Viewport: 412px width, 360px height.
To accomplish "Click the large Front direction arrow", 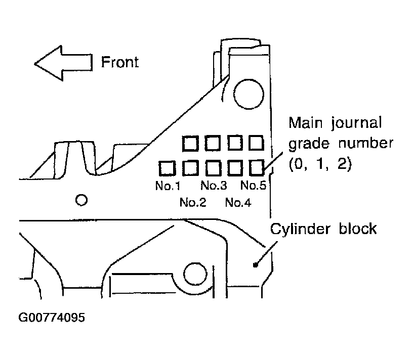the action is click(63, 63).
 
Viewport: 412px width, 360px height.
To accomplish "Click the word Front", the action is click(120, 62).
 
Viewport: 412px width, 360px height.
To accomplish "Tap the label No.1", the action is click(168, 186).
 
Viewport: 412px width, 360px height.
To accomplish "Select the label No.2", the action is click(193, 202).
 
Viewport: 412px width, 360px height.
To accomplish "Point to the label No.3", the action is click(214, 185).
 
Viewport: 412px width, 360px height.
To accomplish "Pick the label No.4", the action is click(238, 203).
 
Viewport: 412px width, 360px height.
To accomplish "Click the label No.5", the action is click(253, 185).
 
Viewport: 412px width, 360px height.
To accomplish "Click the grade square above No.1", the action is click(167, 168).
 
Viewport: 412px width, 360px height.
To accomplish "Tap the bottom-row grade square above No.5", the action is click(256, 168).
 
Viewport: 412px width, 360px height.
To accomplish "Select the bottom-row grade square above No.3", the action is click(213, 168).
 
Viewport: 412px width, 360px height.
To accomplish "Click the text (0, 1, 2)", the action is click(320, 164).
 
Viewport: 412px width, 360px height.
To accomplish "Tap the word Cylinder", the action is click(300, 230).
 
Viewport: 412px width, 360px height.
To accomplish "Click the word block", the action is click(358, 228).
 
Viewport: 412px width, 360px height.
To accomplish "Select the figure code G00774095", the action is click(52, 318).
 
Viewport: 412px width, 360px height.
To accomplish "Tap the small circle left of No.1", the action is click(81, 200).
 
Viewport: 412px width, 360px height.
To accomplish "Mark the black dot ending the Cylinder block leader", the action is click(255, 265).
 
